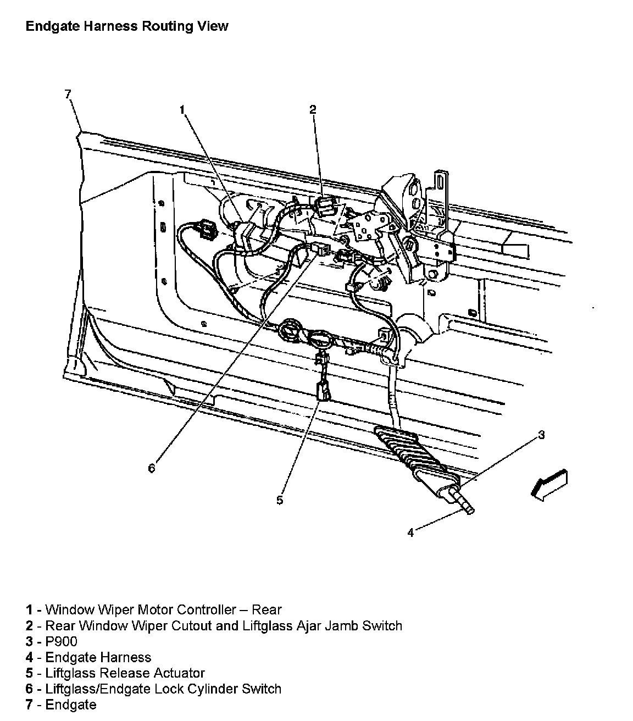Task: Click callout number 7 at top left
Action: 68,94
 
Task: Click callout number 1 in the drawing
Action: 182,110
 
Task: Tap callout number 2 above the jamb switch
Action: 313,109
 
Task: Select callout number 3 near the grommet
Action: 541,435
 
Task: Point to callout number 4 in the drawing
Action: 410,533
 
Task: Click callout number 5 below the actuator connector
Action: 280,500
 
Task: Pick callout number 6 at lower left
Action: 152,468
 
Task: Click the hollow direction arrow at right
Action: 548,484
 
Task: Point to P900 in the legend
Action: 61,641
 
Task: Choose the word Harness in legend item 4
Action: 125,657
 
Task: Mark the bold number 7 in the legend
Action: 29,705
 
